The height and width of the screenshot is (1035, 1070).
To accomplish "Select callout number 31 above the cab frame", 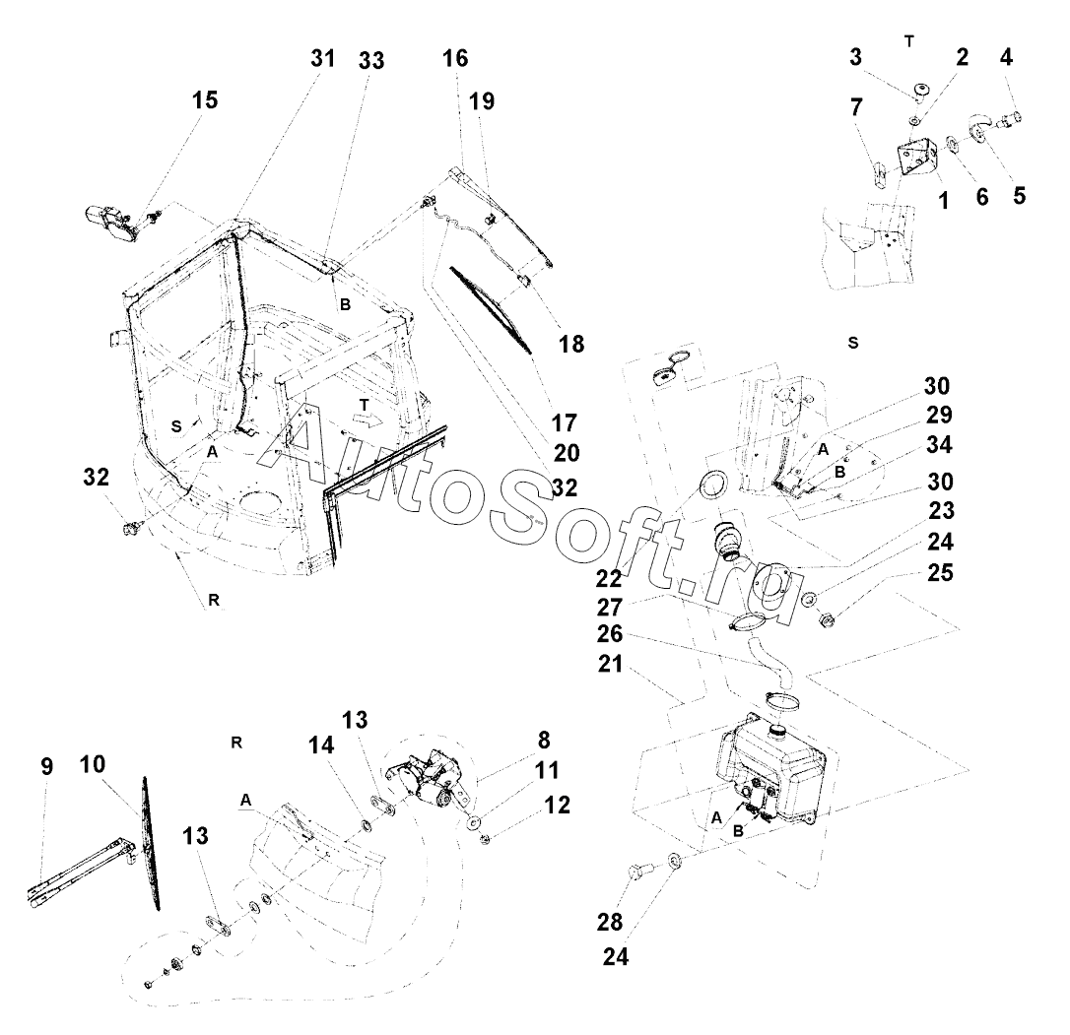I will tap(323, 59).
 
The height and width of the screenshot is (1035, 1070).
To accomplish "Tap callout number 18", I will tap(570, 344).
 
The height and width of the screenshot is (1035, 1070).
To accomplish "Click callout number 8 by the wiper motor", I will tap(544, 739).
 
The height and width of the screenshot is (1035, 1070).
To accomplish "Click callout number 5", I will tap(1019, 195).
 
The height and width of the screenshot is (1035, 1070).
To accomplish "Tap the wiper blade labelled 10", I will tap(150, 842).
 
